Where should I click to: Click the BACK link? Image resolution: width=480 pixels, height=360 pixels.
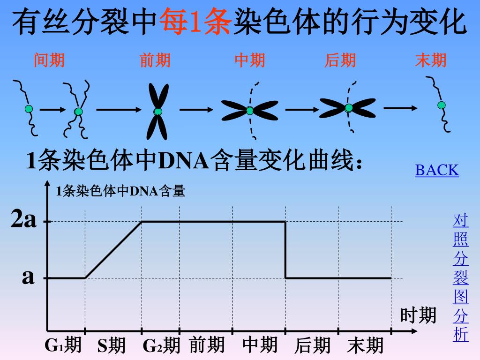[437, 170]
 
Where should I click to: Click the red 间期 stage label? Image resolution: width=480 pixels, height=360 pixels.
[49, 60]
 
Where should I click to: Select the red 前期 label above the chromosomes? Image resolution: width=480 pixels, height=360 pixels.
[155, 60]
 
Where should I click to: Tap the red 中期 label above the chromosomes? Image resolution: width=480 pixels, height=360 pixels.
[250, 60]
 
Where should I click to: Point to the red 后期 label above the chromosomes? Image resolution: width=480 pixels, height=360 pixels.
[340, 60]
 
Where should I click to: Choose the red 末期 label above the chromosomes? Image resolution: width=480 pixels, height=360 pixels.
[431, 60]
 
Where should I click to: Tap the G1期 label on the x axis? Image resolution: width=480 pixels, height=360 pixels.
[63, 345]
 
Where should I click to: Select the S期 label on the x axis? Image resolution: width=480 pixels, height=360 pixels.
[112, 346]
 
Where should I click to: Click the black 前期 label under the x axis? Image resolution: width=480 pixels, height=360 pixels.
[207, 345]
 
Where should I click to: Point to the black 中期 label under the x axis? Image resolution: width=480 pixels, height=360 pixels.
[260, 345]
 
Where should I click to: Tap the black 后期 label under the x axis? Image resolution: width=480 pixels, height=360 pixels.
[313, 346]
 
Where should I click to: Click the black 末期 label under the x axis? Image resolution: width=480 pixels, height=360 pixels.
[366, 346]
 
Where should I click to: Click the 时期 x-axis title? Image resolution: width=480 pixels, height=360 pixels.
[418, 315]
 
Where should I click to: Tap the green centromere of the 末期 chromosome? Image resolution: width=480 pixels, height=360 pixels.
[442, 105]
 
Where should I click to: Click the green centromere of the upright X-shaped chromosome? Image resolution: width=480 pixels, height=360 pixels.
[158, 112]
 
